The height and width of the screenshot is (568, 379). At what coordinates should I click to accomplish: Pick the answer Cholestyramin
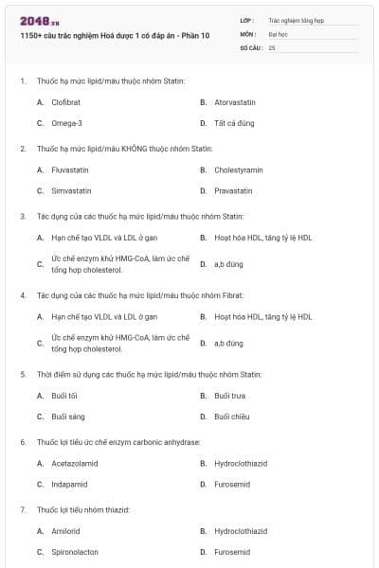238,169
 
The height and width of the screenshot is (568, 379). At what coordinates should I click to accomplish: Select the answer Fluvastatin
70,169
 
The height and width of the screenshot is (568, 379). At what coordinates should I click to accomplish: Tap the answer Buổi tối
64,395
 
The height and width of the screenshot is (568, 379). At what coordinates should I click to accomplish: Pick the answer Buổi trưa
229,395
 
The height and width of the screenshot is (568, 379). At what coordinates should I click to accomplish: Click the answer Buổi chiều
232,417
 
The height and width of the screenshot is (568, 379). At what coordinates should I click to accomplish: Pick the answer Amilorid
65,531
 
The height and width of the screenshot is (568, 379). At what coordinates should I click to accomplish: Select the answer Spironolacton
75,552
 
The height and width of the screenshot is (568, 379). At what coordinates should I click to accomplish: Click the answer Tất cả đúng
235,123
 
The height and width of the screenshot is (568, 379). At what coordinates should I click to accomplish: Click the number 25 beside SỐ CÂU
272,46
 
